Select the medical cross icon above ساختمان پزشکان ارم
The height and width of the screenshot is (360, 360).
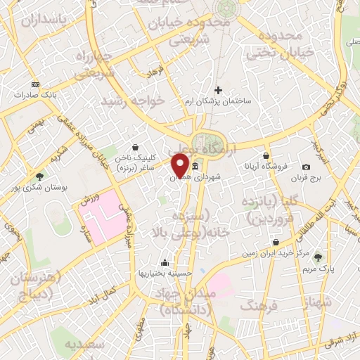(218, 90)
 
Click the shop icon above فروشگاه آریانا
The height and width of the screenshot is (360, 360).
(266, 155)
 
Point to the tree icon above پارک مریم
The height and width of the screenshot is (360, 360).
(318, 257)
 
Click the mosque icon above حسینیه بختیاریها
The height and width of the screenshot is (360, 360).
(165, 262)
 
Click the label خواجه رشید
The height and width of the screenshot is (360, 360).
(133, 102)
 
